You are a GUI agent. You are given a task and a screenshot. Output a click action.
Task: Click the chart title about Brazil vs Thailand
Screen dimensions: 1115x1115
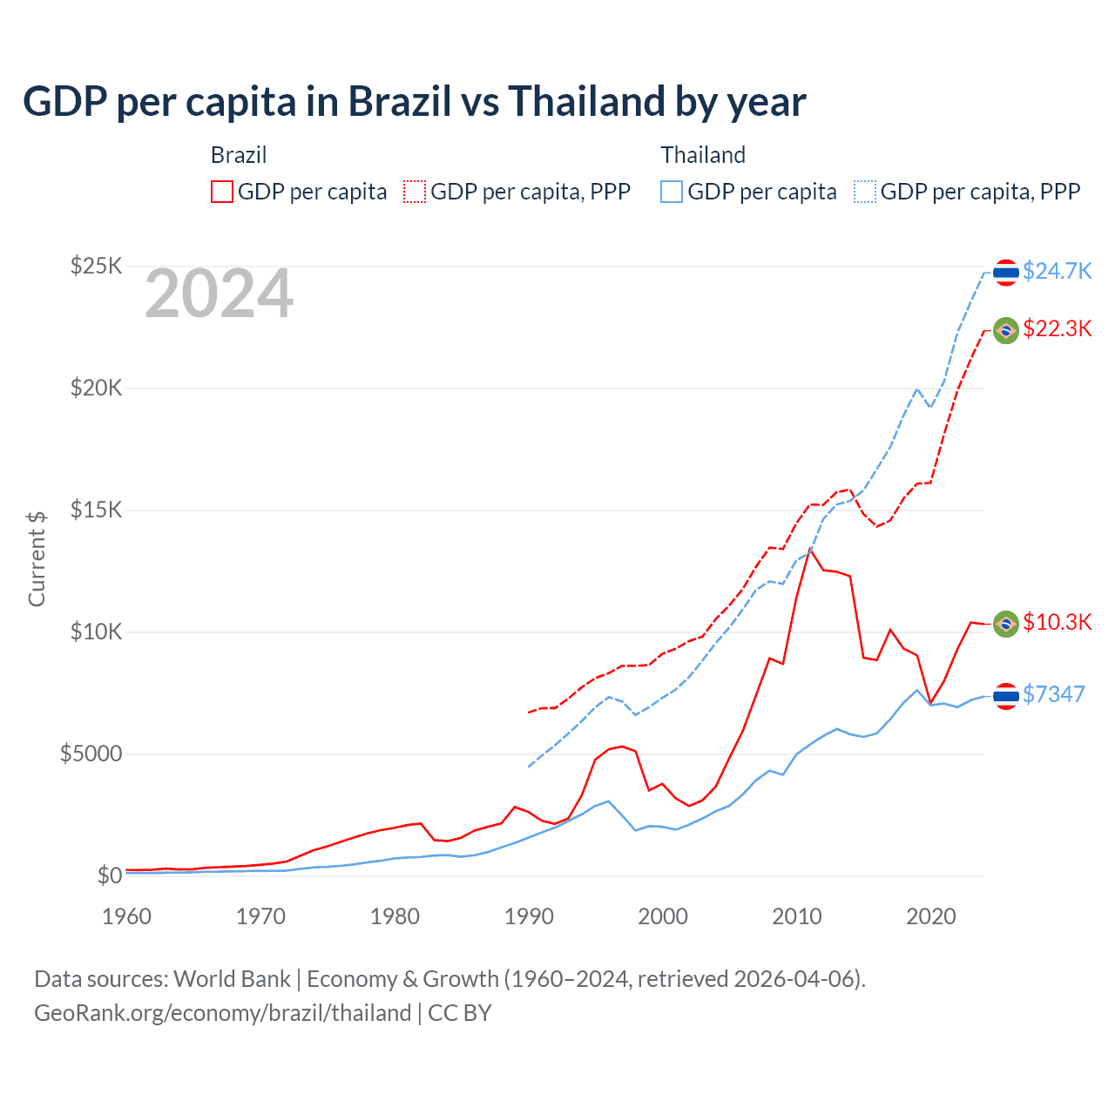click(x=415, y=102)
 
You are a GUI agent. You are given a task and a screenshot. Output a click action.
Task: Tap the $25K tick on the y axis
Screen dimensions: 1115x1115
click(x=96, y=266)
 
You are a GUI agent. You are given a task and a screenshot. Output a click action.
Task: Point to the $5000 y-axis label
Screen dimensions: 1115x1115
click(x=91, y=753)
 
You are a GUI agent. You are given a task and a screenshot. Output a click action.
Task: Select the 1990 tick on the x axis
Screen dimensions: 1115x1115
click(x=529, y=916)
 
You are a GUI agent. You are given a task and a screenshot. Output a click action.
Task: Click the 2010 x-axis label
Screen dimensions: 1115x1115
click(x=797, y=916)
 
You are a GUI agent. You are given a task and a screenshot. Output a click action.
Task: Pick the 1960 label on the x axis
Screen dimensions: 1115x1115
click(x=127, y=916)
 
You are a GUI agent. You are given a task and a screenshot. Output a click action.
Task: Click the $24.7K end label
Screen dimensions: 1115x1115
click(x=1057, y=271)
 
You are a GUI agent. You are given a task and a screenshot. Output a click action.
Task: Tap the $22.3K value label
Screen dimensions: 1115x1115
click(x=1057, y=328)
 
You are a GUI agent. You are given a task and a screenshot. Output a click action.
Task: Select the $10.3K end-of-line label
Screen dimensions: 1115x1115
click(x=1057, y=622)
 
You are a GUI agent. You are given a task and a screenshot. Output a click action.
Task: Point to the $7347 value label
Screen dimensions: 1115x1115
click(x=1053, y=694)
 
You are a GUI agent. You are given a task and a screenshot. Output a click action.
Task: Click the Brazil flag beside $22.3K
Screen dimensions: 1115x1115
click(x=1006, y=330)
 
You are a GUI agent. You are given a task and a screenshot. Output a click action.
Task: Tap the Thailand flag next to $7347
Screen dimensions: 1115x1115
click(x=1006, y=696)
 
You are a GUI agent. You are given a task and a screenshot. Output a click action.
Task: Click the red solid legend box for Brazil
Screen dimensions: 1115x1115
click(x=222, y=192)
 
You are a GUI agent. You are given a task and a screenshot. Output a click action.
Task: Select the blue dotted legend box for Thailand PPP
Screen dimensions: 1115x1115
click(x=865, y=192)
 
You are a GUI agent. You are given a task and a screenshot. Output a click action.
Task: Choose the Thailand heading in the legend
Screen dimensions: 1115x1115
click(x=703, y=155)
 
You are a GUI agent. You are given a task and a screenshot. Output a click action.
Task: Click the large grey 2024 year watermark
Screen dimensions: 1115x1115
click(x=219, y=294)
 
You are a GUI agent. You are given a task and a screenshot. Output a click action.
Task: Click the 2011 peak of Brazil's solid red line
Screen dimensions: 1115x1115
click(x=811, y=549)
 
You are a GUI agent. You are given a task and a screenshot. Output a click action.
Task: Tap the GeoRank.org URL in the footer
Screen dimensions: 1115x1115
click(x=222, y=1013)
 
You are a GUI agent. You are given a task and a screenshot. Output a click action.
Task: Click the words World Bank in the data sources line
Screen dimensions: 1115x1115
click(x=232, y=979)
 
